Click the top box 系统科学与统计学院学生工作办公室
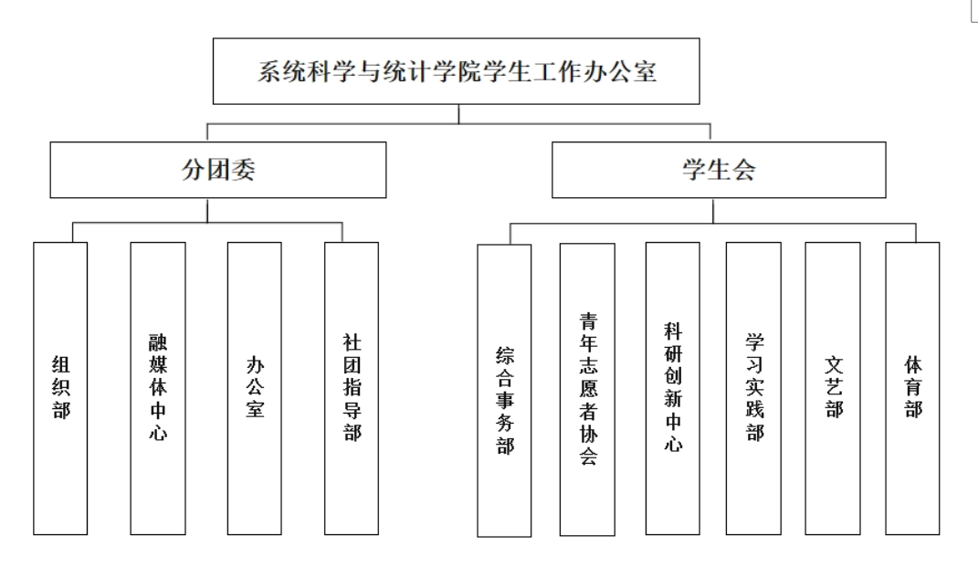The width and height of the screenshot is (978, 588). click(x=456, y=71)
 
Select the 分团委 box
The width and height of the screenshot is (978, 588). click(x=217, y=170)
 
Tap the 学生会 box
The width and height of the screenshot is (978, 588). click(x=718, y=170)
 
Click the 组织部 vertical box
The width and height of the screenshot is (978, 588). click(x=60, y=388)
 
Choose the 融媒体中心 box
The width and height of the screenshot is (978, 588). click(x=158, y=388)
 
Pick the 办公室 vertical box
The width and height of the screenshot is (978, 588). click(x=256, y=388)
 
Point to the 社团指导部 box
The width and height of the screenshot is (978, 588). click(x=352, y=388)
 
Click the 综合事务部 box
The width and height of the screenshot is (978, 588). click(x=504, y=391)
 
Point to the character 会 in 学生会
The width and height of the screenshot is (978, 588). click(x=743, y=170)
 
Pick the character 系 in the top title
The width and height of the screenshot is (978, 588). click(x=268, y=72)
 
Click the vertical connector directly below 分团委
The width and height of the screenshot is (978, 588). click(x=208, y=210)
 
